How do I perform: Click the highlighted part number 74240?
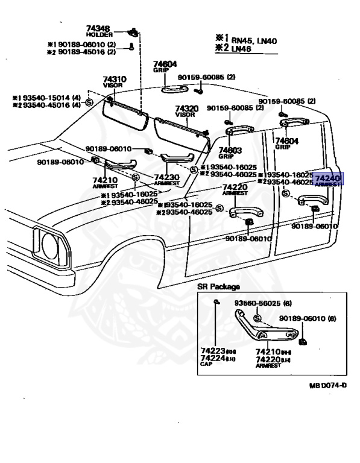coord(327,178)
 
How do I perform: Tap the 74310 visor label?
coord(114,79)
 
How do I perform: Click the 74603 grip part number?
coord(230,150)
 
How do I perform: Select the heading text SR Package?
coord(218,286)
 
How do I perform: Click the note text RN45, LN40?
coord(252,40)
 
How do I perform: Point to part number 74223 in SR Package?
coord(212,351)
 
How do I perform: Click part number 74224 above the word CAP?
coord(212,358)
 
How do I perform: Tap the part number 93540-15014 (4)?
coord(51,98)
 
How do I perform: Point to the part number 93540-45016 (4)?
coord(51,105)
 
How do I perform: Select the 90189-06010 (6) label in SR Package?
coord(307,318)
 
